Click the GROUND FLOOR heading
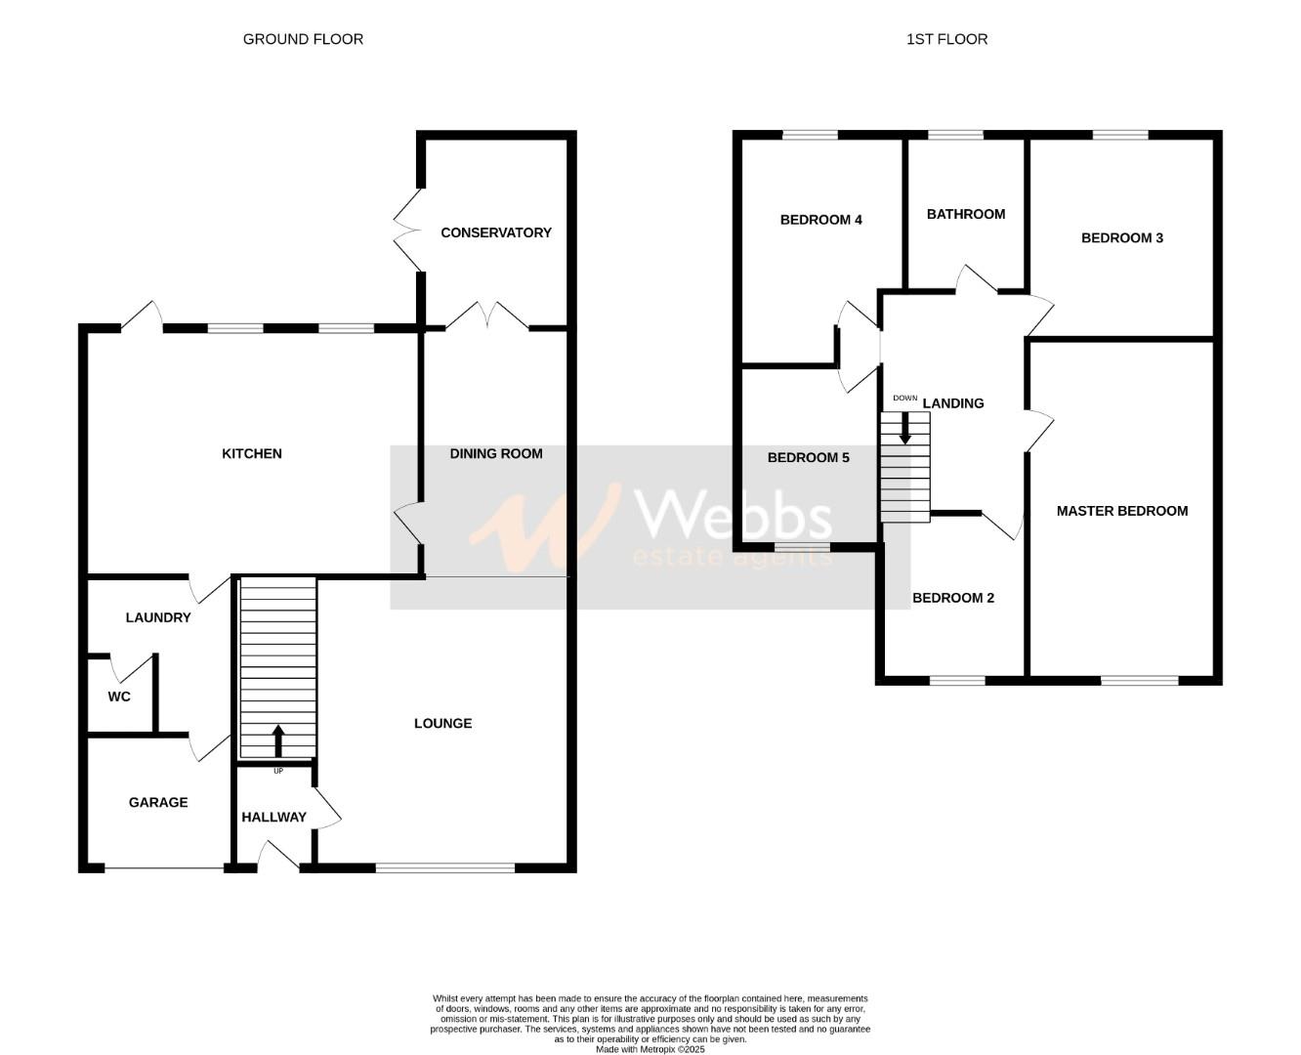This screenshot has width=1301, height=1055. pos(303,39)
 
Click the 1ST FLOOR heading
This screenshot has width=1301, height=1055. pos(946,39)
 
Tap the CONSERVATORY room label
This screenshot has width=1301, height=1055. pos(495,232)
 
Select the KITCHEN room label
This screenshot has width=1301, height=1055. pos(252,453)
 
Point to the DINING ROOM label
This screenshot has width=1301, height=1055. pos(495,453)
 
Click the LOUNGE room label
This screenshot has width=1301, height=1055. pos(442,723)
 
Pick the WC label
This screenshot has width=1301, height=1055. pos(119,696)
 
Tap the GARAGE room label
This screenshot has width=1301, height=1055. pos(158,802)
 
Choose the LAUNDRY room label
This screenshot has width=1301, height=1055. pos(158,617)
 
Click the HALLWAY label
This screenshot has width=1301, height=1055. pos(273,817)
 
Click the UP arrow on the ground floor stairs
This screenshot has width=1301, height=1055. pos(278,740)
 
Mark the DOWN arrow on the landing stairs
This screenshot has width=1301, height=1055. pos(905,427)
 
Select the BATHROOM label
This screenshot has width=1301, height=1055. pos(965,214)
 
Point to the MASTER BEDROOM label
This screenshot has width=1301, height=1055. pos(1121,511)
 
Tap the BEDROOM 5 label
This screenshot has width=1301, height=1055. pos(808,457)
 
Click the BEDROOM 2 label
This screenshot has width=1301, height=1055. pos(952,598)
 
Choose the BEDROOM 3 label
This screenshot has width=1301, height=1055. pos(1121,237)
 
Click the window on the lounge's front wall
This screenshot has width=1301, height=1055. pos(445,866)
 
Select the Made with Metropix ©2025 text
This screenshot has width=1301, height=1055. pos(650,1049)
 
